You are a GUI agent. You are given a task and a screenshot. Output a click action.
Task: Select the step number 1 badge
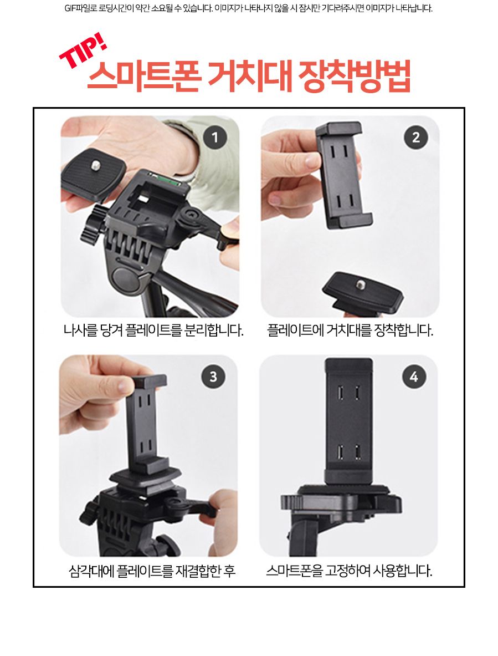click(215, 136)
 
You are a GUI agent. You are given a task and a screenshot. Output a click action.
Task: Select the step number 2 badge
click(415, 136)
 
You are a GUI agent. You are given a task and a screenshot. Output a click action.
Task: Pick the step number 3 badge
click(213, 377)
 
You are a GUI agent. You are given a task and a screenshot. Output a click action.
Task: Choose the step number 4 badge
click(414, 377)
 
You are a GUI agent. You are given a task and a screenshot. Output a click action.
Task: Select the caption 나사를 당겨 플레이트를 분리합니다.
click(153, 331)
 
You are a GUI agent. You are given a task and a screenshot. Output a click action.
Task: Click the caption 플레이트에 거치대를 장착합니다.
click(350, 331)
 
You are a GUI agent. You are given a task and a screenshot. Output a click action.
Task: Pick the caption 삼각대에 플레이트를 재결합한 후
click(152, 571)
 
